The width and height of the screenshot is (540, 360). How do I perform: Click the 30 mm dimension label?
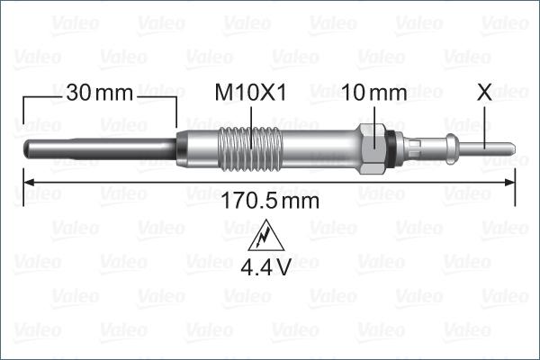tap(99, 93)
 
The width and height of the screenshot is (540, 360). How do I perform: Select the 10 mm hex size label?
tap(374, 93)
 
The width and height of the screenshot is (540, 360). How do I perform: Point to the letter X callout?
tap(485, 92)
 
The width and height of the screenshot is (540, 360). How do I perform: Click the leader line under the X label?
tap(485, 121)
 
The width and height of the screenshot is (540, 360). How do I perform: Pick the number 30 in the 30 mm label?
tap(77, 93)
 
